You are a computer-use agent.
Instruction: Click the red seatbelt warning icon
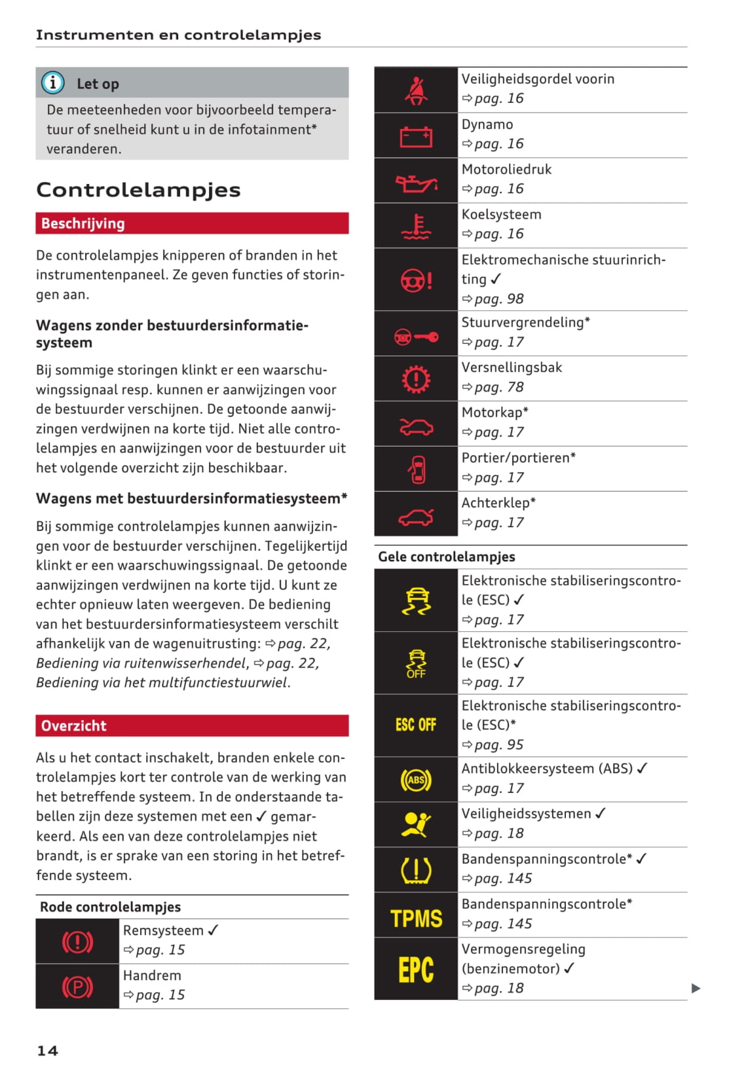click(x=416, y=90)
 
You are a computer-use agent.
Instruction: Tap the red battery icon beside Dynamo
click(x=416, y=136)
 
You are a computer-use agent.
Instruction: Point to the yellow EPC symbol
click(x=416, y=970)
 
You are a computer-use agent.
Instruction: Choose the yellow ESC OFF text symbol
click(x=416, y=725)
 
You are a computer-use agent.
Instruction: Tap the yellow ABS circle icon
click(x=416, y=780)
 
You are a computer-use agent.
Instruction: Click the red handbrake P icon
click(x=77, y=987)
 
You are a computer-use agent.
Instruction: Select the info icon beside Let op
click(x=53, y=83)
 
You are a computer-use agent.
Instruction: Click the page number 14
click(x=47, y=1051)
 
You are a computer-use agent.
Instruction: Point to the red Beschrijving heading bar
click(x=192, y=223)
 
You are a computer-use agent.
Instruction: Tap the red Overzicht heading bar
click(x=192, y=725)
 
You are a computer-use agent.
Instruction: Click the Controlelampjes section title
click(x=138, y=190)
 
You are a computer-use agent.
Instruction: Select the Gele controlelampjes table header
click(x=447, y=557)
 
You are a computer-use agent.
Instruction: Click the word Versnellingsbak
click(x=512, y=367)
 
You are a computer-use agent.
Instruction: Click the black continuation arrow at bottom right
click(x=696, y=988)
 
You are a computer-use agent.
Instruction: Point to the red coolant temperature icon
click(x=416, y=227)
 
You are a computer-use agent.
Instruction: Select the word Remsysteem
click(x=163, y=930)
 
